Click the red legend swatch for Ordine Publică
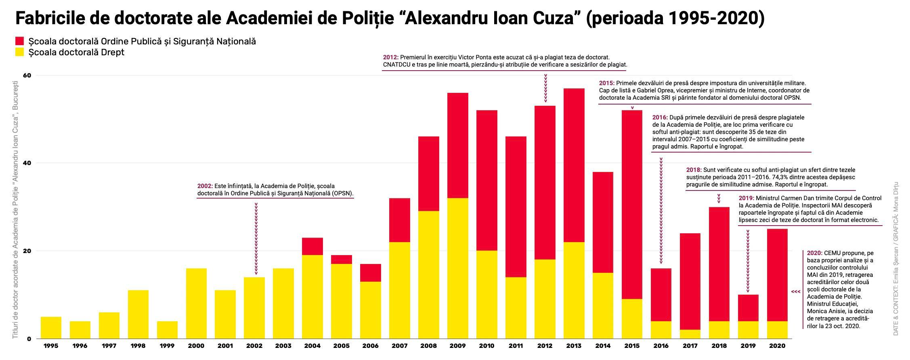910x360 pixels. point(20,41)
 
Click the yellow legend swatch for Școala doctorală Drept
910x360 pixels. point(20,52)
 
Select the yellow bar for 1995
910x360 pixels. point(51,327)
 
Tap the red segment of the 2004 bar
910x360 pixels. point(312,246)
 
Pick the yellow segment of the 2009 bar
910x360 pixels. point(458,268)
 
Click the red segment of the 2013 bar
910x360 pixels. point(574,165)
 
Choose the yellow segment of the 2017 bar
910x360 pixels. point(690,334)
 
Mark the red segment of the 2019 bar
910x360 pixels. point(748,308)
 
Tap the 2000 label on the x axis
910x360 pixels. point(196,346)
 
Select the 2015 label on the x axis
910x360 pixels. point(632,346)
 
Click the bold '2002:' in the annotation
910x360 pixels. point(205,186)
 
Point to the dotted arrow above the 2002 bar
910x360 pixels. point(256,238)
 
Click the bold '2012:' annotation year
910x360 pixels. point(390,57)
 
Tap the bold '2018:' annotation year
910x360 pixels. point(694,170)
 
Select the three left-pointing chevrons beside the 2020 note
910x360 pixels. point(795,291)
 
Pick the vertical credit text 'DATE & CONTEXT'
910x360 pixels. point(895,315)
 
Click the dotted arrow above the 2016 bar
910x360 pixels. point(661,210)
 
